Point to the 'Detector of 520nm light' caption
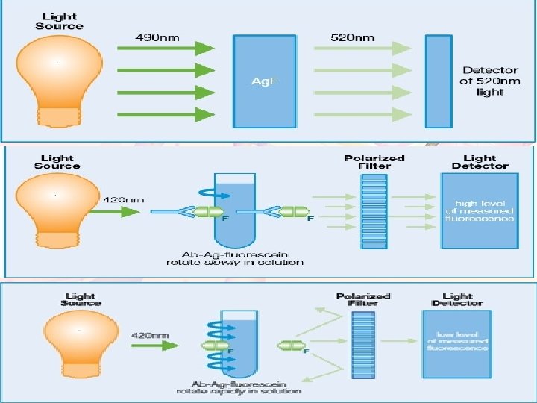pyautogui.click(x=489, y=81)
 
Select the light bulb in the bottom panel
pyautogui.click(x=79, y=335)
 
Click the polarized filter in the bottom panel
pyautogui.click(x=364, y=340)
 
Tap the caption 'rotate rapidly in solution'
pyautogui.click(x=239, y=390)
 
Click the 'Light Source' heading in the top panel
pyautogui.click(x=59, y=21)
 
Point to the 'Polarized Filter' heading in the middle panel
pyautogui.click(x=374, y=162)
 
